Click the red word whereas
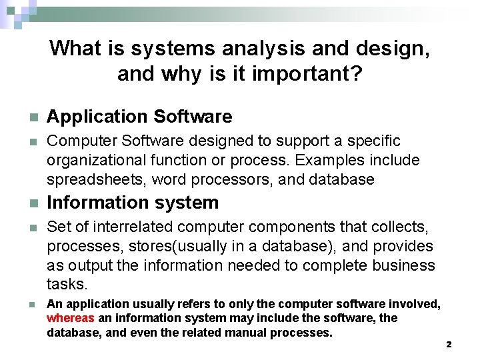pyautogui.click(x=71, y=319)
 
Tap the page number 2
pyautogui.click(x=449, y=345)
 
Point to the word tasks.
pyautogui.click(x=67, y=284)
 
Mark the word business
pyautogui.click(x=403, y=265)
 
